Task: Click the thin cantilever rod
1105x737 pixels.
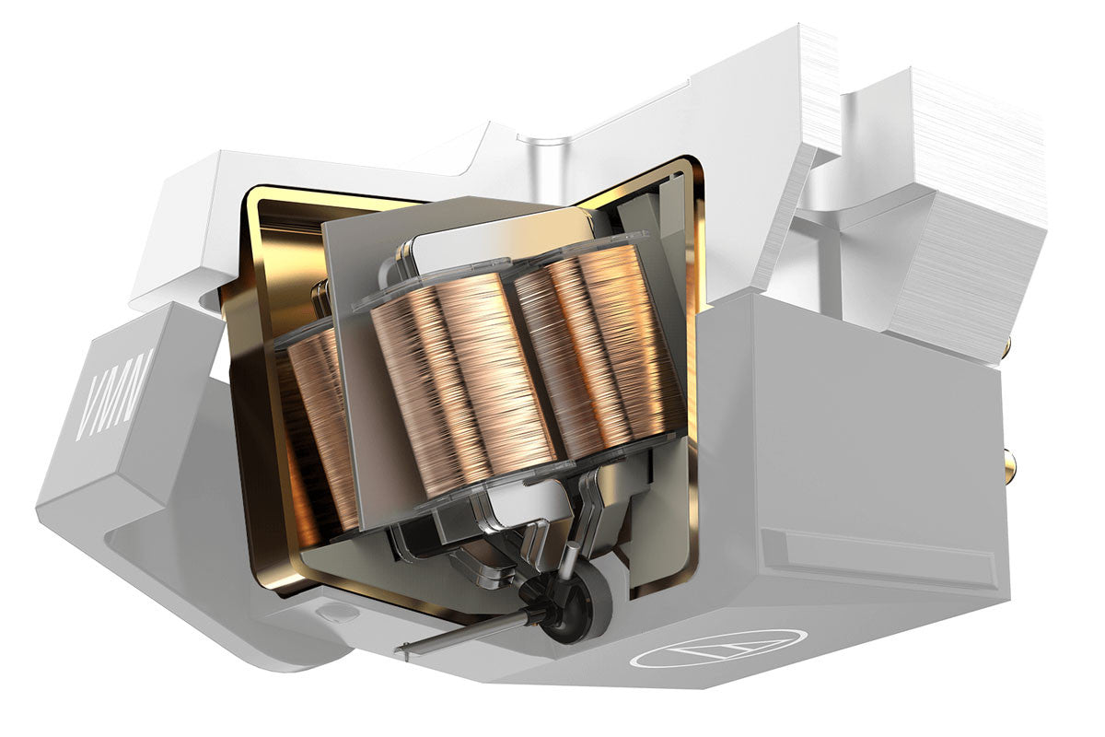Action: pyautogui.click(x=469, y=633)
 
